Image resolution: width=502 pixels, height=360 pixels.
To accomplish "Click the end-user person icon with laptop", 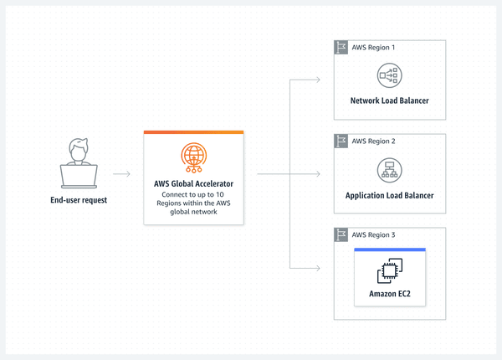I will tap(79, 163).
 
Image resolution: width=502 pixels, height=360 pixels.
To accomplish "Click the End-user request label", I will tap(79, 201).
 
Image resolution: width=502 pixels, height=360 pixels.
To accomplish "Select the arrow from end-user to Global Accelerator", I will tap(121, 174).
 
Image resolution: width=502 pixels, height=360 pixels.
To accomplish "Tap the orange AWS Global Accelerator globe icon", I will tap(193, 158).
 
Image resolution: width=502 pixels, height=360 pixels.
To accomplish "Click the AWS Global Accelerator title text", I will tap(193, 183).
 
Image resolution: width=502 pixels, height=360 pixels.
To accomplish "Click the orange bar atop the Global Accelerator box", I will tap(193, 132).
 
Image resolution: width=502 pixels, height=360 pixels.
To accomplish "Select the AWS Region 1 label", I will tap(373, 47).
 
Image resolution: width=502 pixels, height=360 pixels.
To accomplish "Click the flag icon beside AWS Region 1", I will tap(341, 47).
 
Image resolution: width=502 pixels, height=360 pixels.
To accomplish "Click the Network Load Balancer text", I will tap(389, 101).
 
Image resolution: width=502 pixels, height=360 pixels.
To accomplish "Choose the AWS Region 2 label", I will tap(373, 141).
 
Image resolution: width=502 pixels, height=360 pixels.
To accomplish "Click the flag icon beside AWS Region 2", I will tap(341, 141).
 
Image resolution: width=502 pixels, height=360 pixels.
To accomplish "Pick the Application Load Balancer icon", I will tap(389, 170).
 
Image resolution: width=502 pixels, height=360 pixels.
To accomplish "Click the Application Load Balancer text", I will tap(389, 195).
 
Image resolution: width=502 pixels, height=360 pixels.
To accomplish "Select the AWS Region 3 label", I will tap(373, 234).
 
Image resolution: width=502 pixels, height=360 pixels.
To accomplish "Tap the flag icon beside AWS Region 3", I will tap(341, 234).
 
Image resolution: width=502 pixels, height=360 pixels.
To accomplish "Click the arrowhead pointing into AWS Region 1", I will tap(318, 80).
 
